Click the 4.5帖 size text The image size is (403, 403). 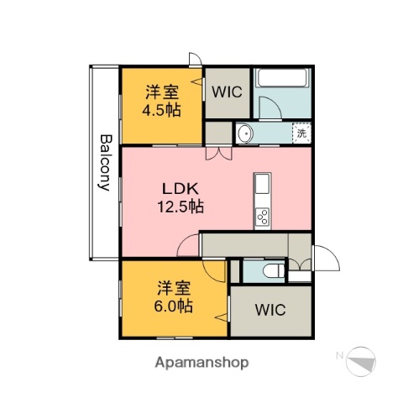(x=161, y=109)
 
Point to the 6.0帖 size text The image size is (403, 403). (x=173, y=306)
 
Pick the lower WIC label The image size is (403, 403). (x=270, y=310)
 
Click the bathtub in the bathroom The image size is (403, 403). (x=283, y=78)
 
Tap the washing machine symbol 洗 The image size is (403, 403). (x=301, y=132)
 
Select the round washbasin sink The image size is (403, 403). (x=245, y=133)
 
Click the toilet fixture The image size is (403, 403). (x=272, y=270)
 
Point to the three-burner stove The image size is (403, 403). (x=262, y=217)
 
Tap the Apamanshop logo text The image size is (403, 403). (x=201, y=363)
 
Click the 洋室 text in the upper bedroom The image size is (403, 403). (x=160, y=91)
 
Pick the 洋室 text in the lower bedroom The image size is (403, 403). (x=172, y=287)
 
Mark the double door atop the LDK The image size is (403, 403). (x=218, y=153)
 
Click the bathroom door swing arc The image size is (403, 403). (x=271, y=107)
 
